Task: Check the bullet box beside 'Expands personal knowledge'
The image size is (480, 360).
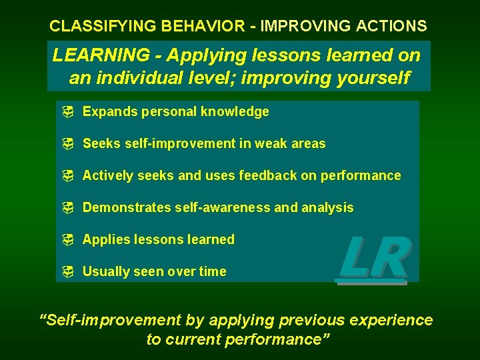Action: [x=67, y=112]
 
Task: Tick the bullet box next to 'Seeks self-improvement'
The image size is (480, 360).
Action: [x=67, y=144]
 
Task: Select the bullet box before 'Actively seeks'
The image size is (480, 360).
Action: [x=67, y=176]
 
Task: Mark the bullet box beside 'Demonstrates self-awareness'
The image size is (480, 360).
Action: [x=67, y=208]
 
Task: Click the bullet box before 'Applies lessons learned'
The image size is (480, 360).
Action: [x=67, y=240]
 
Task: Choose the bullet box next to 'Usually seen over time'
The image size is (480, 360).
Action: [x=67, y=272]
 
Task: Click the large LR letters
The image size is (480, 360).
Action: [x=373, y=259]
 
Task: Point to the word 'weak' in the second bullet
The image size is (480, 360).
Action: [x=271, y=144]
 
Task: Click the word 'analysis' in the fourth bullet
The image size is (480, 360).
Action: [x=327, y=208]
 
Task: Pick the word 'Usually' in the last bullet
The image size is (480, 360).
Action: [x=104, y=272]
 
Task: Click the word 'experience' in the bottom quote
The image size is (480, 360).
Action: [x=391, y=321]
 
